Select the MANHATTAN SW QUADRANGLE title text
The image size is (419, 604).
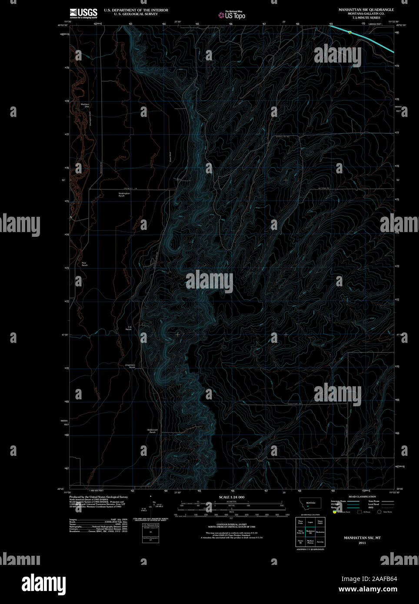coord(366,10)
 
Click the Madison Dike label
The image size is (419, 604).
coord(85,105)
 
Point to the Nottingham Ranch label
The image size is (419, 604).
coord(124,195)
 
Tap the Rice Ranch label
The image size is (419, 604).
coord(84,264)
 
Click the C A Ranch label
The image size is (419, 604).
coord(129,329)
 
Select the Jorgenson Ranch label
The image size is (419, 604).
coord(130,366)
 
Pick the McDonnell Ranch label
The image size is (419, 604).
coord(153,431)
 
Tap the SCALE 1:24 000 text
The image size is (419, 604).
coord(231,497)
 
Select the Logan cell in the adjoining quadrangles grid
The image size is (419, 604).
coord(310,522)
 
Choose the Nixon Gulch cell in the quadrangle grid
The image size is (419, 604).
coord(320,522)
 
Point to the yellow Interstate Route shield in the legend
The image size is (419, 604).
coord(335,512)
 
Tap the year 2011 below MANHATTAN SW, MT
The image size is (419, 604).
coord(362,543)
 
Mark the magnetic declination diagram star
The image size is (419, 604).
coord(150,496)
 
